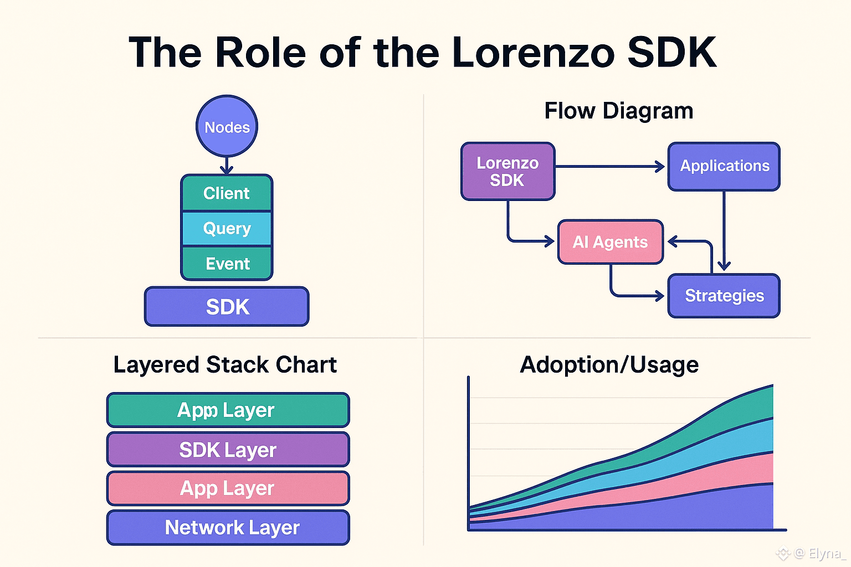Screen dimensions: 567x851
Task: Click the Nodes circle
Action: [x=227, y=126]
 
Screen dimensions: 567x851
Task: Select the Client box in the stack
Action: [x=227, y=193]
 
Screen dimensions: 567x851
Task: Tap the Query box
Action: [x=227, y=228]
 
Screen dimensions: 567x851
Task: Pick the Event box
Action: [x=227, y=264]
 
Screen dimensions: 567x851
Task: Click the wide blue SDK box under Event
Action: [x=227, y=306]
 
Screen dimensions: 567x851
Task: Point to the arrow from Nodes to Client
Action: [x=227, y=166]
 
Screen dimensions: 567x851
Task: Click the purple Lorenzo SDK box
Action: [x=507, y=171]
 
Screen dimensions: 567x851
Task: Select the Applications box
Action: [x=724, y=166]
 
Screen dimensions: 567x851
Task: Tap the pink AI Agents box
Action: [x=610, y=242]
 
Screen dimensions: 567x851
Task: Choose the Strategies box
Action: [x=724, y=296]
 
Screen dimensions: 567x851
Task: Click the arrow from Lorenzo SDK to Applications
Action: [x=609, y=166]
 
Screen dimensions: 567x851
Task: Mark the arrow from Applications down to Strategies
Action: [x=724, y=233]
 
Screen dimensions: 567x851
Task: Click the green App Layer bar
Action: [x=228, y=410]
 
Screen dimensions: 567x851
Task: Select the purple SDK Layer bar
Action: [x=228, y=450]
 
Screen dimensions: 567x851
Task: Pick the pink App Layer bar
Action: [x=228, y=488]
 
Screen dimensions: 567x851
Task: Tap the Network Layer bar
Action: [x=228, y=528]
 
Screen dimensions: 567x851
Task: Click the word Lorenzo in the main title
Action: [x=533, y=53]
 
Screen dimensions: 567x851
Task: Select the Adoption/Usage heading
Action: [x=609, y=365]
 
